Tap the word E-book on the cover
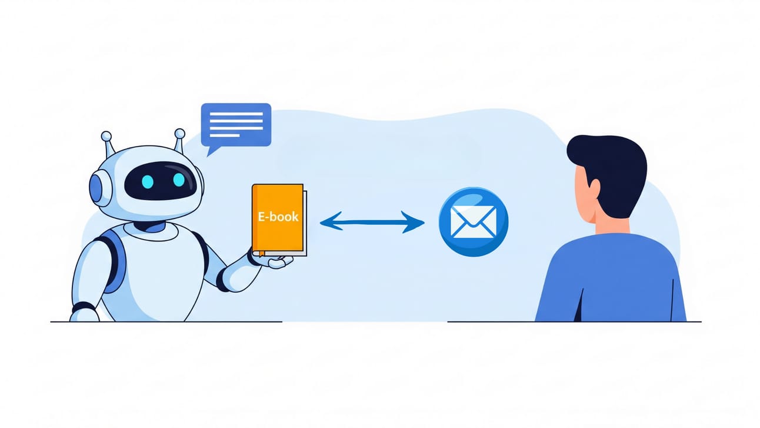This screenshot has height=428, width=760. (x=278, y=216)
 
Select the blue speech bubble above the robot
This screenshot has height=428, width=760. (x=236, y=124)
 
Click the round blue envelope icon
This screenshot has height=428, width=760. (x=474, y=222)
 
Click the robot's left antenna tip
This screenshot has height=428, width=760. (x=106, y=137)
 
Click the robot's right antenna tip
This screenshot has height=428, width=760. (x=179, y=134)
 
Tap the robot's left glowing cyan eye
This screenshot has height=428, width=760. (x=147, y=182)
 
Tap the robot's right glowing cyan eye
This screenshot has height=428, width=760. (x=178, y=180)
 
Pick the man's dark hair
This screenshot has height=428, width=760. (x=609, y=165)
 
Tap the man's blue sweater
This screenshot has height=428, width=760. (x=612, y=277)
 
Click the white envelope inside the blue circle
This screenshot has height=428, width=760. (x=474, y=222)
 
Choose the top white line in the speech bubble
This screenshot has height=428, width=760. (x=236, y=112)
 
